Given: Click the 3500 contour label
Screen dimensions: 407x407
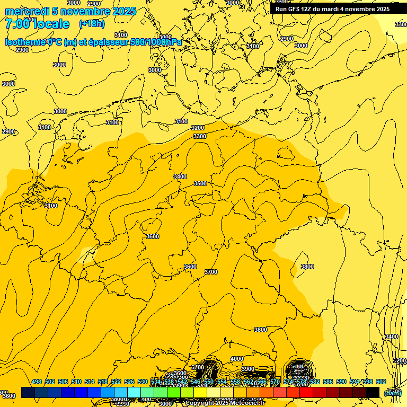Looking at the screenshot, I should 200,183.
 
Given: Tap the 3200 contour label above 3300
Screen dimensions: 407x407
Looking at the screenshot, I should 198,128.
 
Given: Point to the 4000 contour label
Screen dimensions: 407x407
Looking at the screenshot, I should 237,359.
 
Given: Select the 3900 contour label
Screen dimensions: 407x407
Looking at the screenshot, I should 248,369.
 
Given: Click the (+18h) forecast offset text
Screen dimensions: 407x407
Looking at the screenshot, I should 92,23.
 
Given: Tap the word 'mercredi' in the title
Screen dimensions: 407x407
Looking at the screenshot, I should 28,11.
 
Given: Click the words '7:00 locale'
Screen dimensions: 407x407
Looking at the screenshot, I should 37,24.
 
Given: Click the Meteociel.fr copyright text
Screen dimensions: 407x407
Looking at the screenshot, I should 225,403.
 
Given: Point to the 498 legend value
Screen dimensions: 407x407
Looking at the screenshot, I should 37,382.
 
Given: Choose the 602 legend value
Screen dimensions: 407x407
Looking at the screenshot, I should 381,382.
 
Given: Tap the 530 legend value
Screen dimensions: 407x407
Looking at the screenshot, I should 143,382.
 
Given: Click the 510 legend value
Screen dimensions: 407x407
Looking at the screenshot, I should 76,382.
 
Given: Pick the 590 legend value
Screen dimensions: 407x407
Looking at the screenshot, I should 341,382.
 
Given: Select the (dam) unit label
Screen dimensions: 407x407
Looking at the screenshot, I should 393,393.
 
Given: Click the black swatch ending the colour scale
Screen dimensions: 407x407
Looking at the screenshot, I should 373,392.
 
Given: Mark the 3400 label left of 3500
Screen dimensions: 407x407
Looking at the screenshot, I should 180,176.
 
